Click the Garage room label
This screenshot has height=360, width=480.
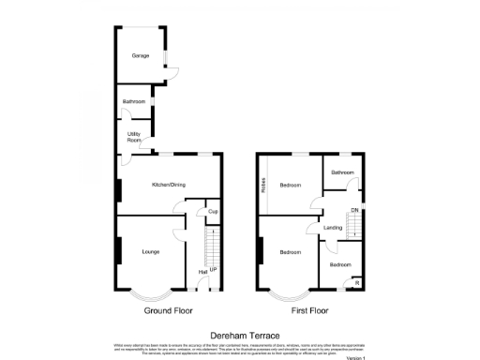[x=141, y=55]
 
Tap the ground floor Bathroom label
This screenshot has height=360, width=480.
[x=132, y=101]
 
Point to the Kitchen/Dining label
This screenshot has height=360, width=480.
[x=170, y=185]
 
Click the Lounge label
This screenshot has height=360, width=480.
[x=150, y=251]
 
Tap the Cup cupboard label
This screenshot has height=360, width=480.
[x=213, y=211]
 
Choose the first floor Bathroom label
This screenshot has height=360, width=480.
[x=341, y=172]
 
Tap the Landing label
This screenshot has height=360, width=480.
[x=332, y=227]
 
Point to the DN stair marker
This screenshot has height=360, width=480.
[x=354, y=209]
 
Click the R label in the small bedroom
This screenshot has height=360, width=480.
[x=355, y=281]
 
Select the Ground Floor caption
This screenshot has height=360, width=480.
[x=169, y=309]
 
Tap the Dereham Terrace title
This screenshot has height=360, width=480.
[x=240, y=334]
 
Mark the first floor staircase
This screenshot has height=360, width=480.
[x=356, y=225]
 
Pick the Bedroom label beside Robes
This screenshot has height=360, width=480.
[x=291, y=185]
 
